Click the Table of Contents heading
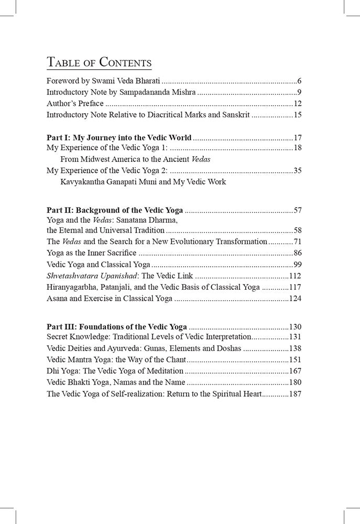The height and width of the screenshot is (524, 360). [99, 63]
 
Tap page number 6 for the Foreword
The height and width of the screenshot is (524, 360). [298, 81]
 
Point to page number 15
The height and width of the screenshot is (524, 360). [296, 115]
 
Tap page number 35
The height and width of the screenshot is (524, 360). [296, 170]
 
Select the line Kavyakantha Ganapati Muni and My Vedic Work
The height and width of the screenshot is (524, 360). [143, 182]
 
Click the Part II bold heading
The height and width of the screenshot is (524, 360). [115, 210]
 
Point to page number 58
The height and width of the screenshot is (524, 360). [296, 230]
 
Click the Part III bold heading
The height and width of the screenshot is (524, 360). [117, 326]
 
